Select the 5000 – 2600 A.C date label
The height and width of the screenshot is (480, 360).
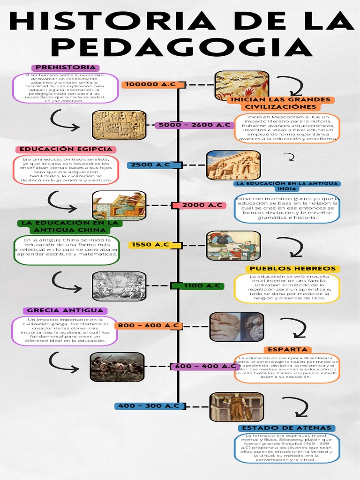194,125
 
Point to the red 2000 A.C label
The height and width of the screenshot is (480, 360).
202,205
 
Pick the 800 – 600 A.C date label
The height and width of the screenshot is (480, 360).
148,325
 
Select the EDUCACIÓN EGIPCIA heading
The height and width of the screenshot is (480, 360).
66,149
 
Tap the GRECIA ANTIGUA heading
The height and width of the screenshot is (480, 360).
65,310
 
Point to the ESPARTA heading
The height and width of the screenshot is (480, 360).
288,349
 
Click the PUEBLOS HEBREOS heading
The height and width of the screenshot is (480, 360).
293,269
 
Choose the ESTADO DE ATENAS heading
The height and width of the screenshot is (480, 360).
287,427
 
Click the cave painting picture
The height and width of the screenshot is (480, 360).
242,85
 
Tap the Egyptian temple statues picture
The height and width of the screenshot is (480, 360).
233,165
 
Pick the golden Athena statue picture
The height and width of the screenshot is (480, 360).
237,407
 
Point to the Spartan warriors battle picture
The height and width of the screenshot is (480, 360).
117,367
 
